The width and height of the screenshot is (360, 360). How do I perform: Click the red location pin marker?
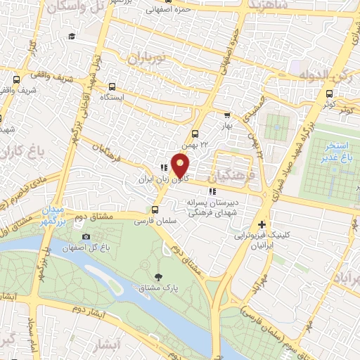tap(181, 165)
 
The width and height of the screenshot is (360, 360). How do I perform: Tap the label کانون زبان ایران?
tap(164, 181)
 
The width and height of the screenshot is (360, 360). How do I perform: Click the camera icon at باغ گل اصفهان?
tap(86, 236)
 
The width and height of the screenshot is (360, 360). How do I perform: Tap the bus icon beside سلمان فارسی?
tap(155, 209)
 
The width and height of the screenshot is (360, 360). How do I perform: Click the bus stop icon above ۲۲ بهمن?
tap(195, 133)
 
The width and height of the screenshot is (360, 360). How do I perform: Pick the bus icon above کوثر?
tap(329, 92)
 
